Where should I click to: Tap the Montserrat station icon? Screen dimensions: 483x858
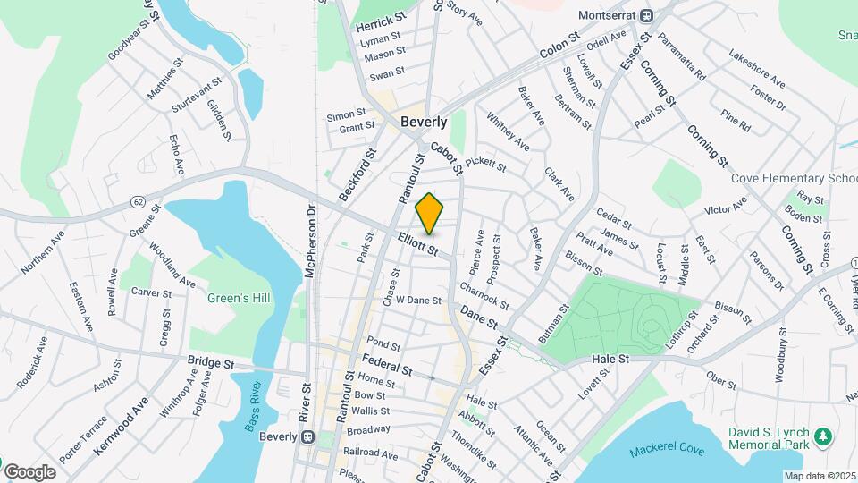click(x=654, y=15)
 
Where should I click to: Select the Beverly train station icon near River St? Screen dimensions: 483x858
click(x=307, y=437)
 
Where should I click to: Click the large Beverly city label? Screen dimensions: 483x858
click(x=424, y=122)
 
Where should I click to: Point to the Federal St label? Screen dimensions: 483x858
click(x=387, y=364)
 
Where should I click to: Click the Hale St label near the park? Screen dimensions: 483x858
click(x=611, y=359)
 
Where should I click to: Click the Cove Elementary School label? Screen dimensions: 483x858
click(x=795, y=178)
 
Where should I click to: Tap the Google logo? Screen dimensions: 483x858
click(x=29, y=471)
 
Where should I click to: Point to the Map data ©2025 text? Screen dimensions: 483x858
click(x=820, y=476)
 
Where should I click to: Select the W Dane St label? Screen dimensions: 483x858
click(x=419, y=301)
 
